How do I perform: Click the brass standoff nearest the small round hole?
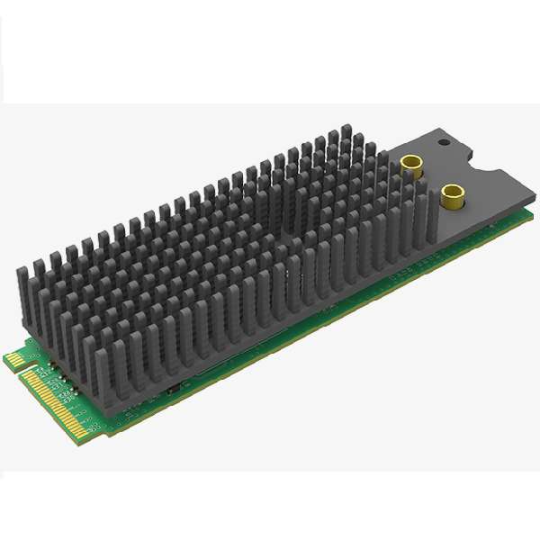(413, 165)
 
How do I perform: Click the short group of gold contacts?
(14, 360)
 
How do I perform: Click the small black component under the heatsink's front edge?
(171, 389)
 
